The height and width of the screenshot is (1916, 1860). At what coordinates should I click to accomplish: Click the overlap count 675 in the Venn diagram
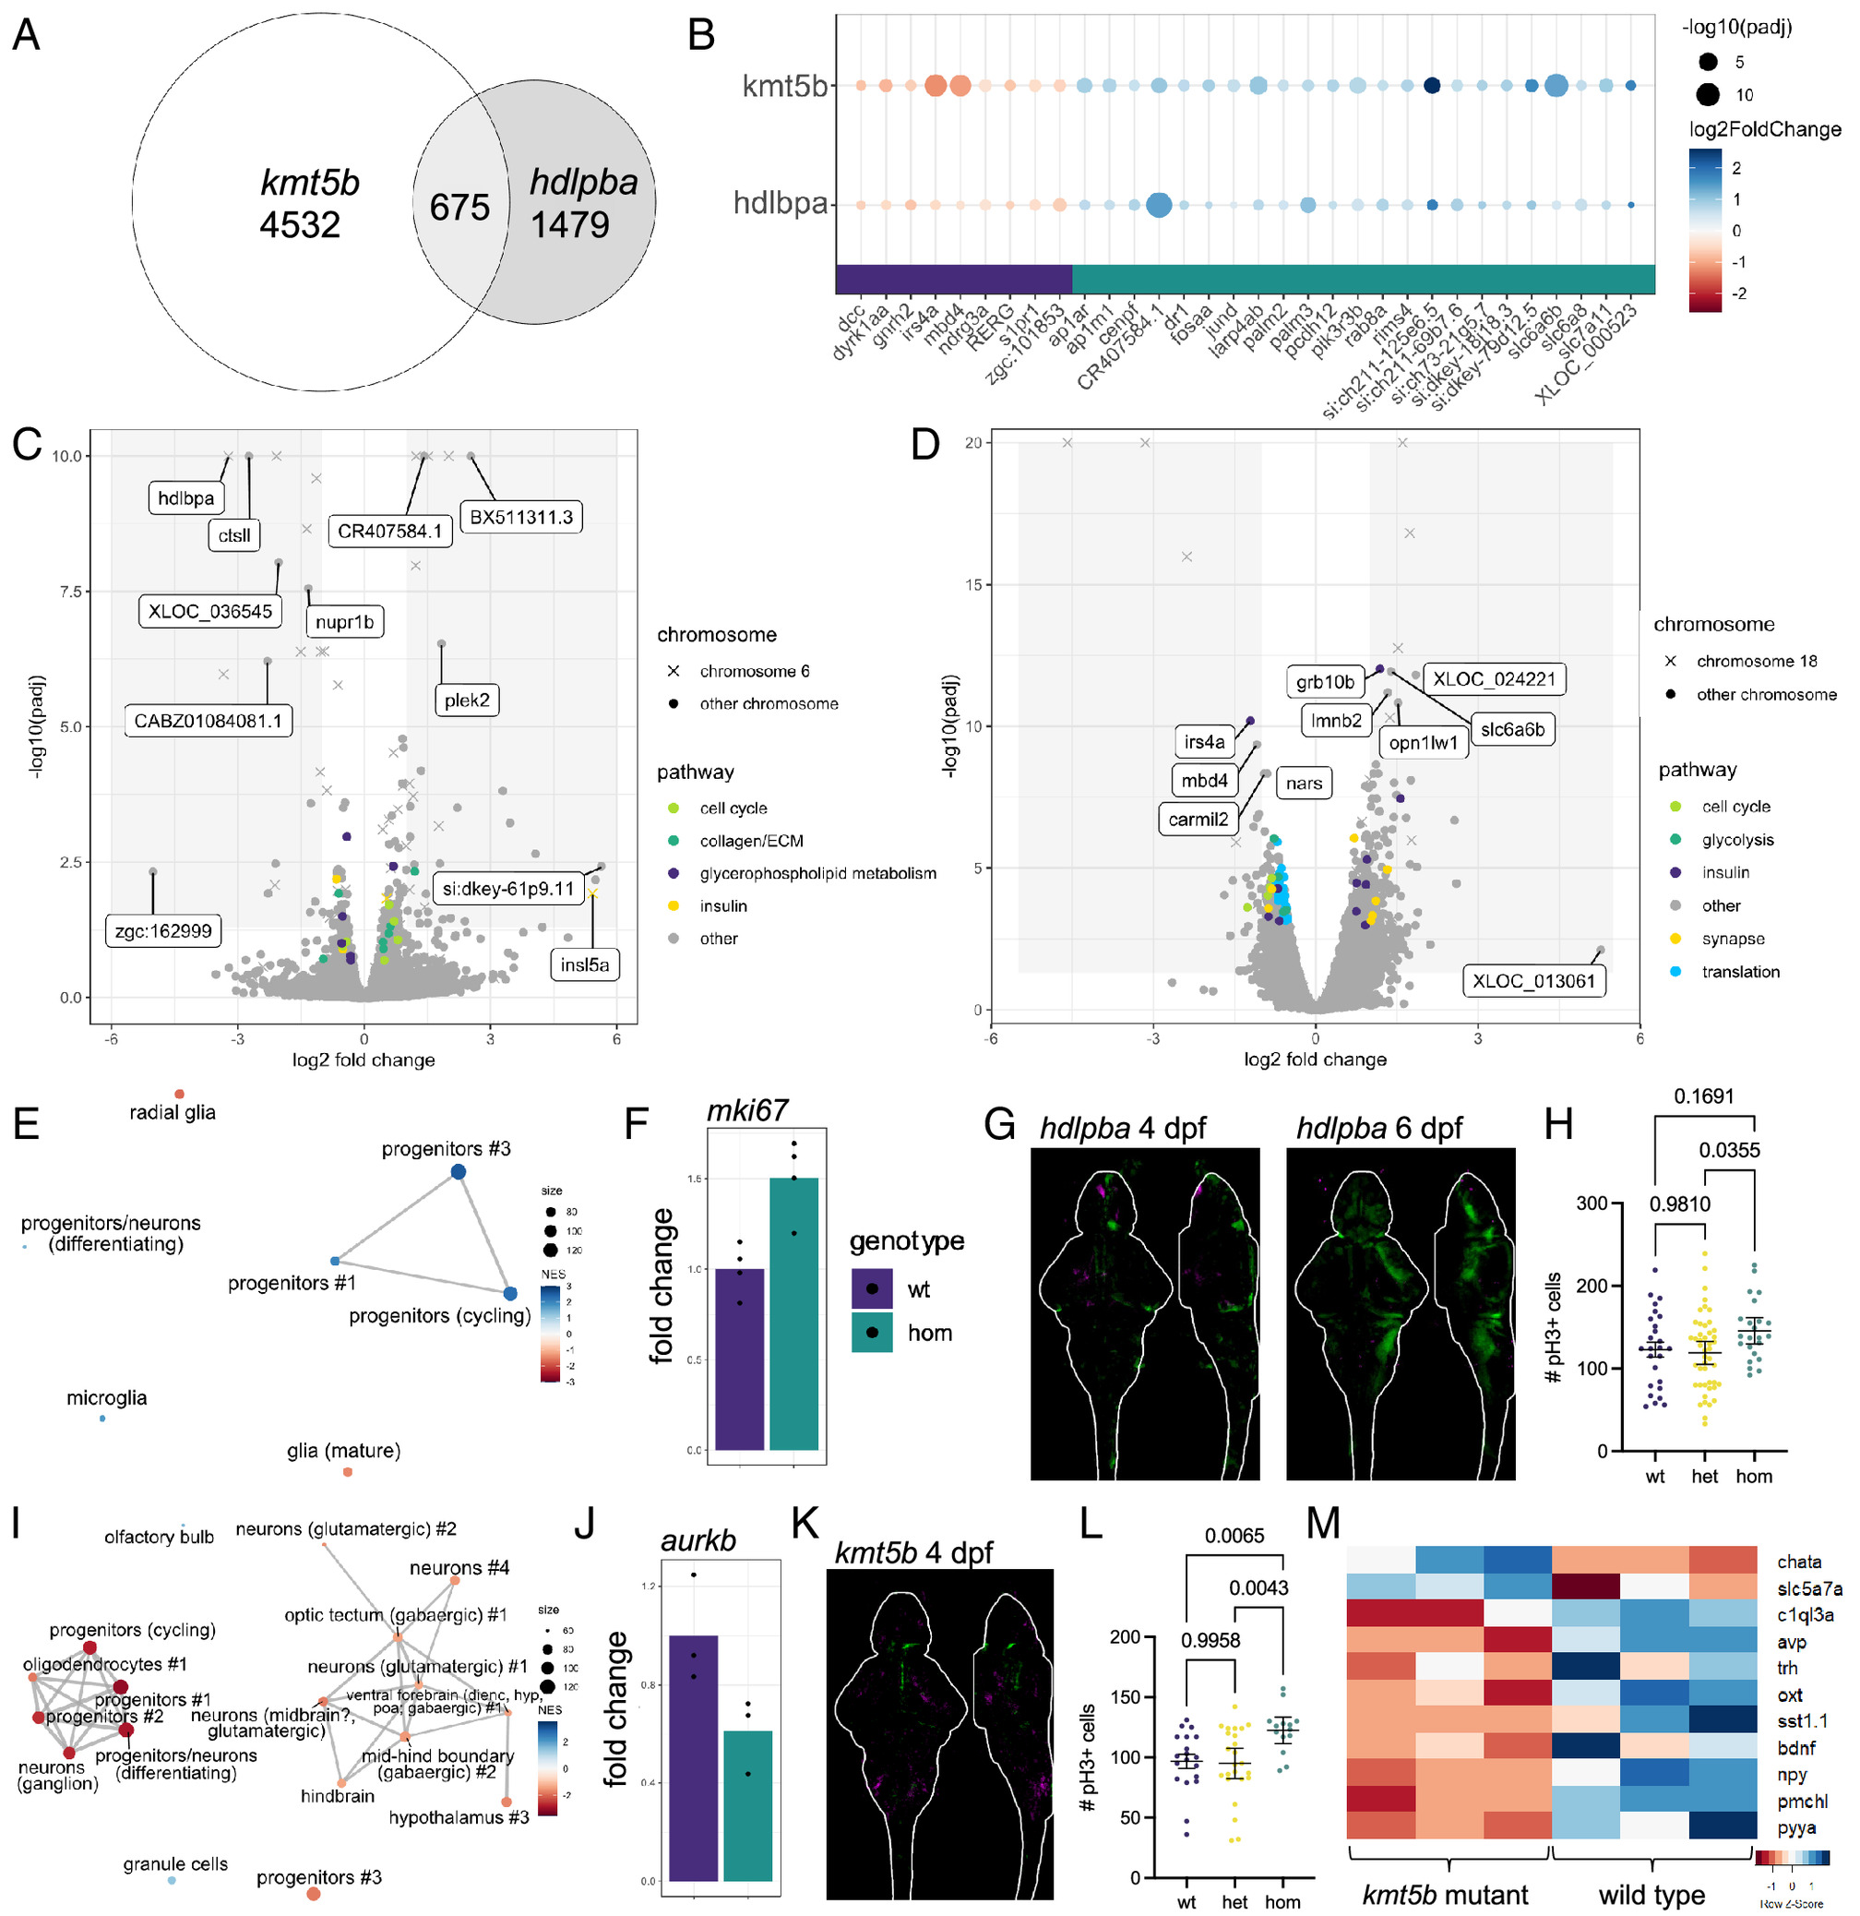[459, 208]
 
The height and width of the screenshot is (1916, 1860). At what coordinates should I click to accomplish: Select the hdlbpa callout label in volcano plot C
[185, 498]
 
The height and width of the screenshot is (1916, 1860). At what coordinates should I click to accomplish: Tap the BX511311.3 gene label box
[521, 517]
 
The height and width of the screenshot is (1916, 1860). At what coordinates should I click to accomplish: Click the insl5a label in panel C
[585, 965]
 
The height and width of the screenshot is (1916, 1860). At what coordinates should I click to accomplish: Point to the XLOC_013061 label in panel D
[1533, 981]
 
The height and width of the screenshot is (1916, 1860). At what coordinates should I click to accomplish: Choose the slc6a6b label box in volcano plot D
[1512, 730]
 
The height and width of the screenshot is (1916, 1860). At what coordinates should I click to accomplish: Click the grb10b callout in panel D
[1324, 682]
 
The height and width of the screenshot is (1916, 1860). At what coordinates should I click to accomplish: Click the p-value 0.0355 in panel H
[1728, 1151]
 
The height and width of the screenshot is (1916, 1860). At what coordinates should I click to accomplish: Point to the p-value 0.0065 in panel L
[1234, 1536]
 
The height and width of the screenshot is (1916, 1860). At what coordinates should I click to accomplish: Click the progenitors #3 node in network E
[458, 1172]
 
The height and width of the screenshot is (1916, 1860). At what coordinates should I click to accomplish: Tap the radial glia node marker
[179, 1094]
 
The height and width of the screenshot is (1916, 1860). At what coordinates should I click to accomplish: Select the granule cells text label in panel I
[175, 1864]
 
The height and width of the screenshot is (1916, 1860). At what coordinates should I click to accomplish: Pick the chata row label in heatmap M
[1798, 1562]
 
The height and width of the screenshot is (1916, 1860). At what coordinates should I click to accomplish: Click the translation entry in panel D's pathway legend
[1740, 972]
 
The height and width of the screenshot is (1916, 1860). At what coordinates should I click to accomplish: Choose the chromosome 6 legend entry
[754, 672]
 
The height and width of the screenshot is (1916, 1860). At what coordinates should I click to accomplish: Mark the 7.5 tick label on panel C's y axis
[66, 592]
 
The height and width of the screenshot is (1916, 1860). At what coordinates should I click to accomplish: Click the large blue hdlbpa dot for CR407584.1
[1158, 205]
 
